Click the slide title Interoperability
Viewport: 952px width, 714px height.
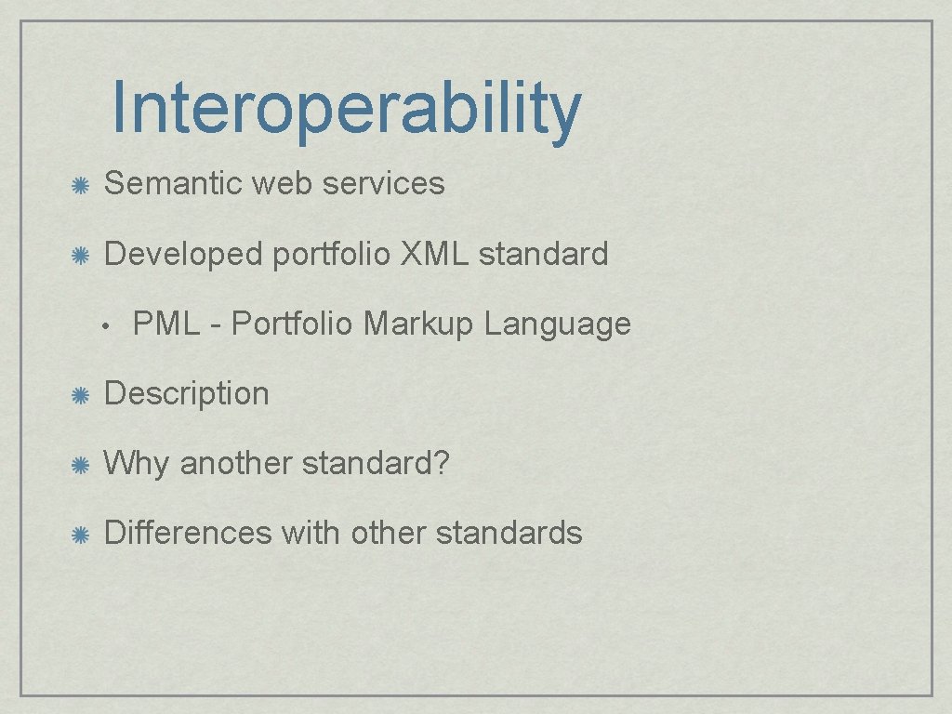coord(346,110)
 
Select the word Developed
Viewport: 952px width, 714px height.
coord(183,253)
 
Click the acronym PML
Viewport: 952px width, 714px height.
coord(165,324)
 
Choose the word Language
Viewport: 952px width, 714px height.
coord(557,324)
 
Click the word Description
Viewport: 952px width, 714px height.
coord(186,393)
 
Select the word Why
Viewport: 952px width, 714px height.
coord(137,463)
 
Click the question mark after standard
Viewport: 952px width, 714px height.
coord(441,462)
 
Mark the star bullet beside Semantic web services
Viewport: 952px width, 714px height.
coord(81,184)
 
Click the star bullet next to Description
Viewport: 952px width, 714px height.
coord(81,394)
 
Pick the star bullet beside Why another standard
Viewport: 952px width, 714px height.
coord(81,464)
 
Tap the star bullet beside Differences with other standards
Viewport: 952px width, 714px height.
coord(81,534)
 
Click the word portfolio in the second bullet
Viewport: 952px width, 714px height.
coord(331,254)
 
